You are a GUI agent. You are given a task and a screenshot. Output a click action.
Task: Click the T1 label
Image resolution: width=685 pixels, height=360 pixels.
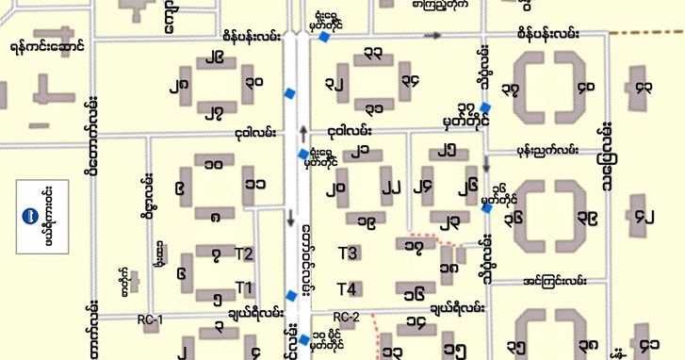pos(244,286)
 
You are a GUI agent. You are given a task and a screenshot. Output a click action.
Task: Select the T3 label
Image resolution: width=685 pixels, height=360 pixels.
pos(348,253)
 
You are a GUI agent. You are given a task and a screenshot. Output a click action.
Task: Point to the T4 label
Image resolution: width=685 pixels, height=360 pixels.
pos(347,288)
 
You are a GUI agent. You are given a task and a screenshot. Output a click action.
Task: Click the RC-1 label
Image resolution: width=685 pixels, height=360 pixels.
pos(150,320)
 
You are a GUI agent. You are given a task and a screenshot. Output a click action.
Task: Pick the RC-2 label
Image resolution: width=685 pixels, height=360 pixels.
pos(347,317)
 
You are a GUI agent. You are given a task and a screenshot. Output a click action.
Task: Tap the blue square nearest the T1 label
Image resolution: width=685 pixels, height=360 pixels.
pos(291,296)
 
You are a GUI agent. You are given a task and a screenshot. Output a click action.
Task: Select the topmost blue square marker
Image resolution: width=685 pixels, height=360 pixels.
pos(323,37)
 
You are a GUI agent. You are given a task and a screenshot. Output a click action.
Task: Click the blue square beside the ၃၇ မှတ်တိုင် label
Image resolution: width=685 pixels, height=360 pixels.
pos(485,106)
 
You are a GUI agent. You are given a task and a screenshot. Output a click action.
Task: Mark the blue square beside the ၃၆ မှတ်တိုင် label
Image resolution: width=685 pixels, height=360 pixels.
pos(486,209)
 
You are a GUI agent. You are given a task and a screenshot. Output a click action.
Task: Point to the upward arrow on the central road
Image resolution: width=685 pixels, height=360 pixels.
pos(302,130)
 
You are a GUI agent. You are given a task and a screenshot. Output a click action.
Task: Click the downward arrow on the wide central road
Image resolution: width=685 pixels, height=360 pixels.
pos(289,222)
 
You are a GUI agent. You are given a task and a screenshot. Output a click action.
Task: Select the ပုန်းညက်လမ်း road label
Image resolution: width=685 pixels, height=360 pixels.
pos(546,149)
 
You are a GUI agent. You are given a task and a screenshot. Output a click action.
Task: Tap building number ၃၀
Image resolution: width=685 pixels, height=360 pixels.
pos(254,83)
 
